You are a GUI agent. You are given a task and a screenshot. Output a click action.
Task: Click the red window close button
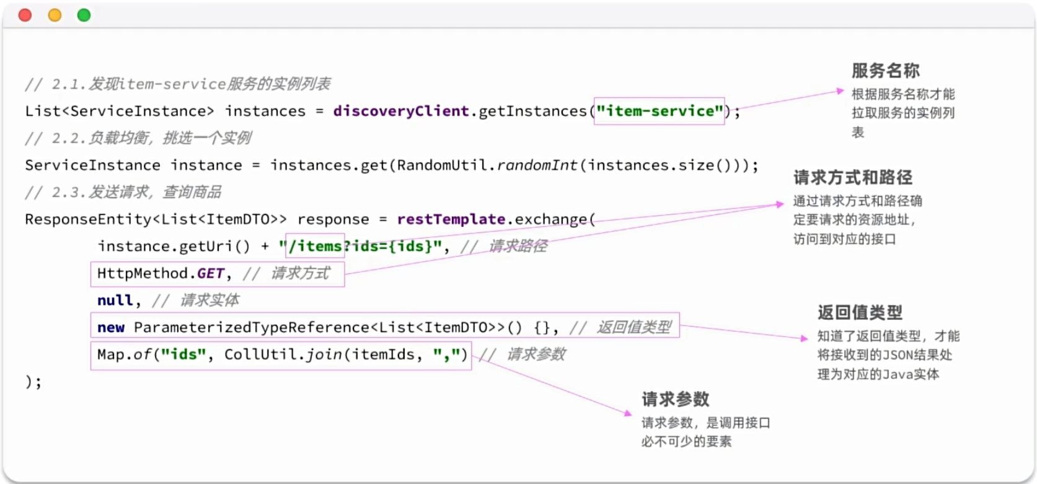click(x=25, y=15)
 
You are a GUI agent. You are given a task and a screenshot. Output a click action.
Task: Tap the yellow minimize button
click(x=55, y=15)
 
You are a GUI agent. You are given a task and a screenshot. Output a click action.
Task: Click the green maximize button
click(x=84, y=15)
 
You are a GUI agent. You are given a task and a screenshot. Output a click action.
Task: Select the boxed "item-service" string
click(x=659, y=111)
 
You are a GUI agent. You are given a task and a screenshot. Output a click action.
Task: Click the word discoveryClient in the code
click(x=400, y=111)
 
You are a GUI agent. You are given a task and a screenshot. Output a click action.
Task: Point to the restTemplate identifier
click(x=451, y=219)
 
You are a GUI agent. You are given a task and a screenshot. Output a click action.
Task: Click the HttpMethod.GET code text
click(x=161, y=273)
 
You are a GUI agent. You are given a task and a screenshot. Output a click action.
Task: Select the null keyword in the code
click(x=115, y=301)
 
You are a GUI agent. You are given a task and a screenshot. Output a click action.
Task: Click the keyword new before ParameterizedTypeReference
click(x=111, y=327)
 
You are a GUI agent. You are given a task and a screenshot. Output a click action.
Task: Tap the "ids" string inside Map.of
click(x=183, y=354)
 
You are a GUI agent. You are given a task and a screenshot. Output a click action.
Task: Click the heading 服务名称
click(x=885, y=71)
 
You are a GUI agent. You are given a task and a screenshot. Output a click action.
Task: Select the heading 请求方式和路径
click(x=852, y=178)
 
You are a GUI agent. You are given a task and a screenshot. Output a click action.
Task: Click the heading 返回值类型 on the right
click(x=859, y=312)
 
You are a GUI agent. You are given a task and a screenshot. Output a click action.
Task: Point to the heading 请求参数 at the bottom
click(x=675, y=399)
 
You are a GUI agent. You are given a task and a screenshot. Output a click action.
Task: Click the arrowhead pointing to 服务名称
click(x=840, y=91)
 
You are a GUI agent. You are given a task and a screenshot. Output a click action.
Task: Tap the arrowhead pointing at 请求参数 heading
click(x=628, y=413)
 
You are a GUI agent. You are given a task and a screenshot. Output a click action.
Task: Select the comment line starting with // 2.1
click(x=178, y=84)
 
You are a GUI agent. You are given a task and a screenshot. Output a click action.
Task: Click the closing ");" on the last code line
click(x=33, y=382)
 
